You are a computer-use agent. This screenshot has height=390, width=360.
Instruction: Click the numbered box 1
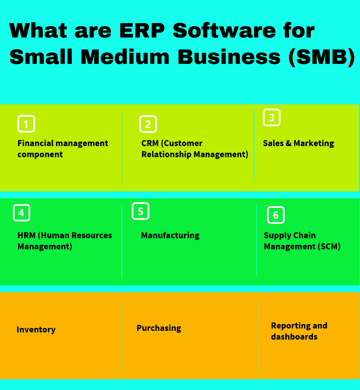[x=26, y=124]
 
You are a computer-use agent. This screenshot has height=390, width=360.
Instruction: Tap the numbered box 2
[x=148, y=124]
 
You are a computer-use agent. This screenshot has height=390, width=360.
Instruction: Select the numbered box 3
[x=271, y=118]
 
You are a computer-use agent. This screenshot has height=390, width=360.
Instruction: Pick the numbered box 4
[x=22, y=213]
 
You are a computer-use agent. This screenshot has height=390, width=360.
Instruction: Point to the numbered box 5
[x=140, y=211]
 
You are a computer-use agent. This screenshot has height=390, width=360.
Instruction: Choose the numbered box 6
[x=276, y=215]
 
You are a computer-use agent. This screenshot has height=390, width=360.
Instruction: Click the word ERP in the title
[x=142, y=31]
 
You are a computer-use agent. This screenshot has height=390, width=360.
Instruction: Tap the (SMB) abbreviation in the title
[x=321, y=57]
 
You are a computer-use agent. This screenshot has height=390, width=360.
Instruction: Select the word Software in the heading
[x=224, y=31]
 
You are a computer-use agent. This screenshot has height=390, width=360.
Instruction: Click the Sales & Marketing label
[x=298, y=143]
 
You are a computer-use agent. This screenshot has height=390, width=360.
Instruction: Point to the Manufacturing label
[x=170, y=235]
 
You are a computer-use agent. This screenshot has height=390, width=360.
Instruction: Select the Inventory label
[x=36, y=330]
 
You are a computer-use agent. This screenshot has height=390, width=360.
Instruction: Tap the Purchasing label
[x=159, y=328]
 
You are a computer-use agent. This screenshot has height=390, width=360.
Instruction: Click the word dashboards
[x=294, y=337]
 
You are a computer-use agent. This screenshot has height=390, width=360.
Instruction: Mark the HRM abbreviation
[x=26, y=235]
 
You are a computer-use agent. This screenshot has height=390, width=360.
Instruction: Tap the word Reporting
[x=286, y=326]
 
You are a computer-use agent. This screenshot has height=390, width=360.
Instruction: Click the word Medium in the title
[x=125, y=57]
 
